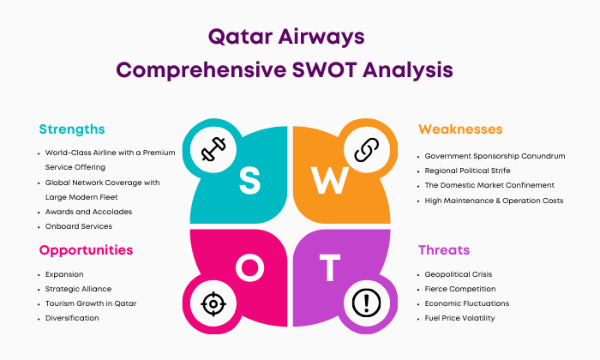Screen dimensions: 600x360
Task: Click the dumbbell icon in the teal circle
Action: [x=213, y=149]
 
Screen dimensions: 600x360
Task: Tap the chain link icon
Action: [x=366, y=150]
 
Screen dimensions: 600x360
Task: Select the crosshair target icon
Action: [x=213, y=303]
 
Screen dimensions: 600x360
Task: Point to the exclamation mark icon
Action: [x=366, y=303]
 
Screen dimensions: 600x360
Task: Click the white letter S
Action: [x=250, y=181]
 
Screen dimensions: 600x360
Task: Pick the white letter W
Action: [x=329, y=181]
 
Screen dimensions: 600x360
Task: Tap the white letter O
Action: [x=250, y=267]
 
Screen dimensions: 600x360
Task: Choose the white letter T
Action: [x=330, y=267]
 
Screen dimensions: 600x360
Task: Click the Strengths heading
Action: [x=72, y=129]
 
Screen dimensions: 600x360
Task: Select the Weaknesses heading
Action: [x=460, y=129]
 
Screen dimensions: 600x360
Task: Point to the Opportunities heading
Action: [x=86, y=250]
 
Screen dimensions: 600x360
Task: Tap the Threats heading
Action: [x=444, y=250]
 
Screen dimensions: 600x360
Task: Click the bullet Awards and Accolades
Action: [x=89, y=212]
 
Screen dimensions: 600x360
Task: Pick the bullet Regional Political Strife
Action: [x=468, y=171]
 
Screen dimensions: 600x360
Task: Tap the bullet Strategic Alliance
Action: [x=79, y=289]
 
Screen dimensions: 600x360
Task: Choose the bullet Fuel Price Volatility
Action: [x=459, y=318]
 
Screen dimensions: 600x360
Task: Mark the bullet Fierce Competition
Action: [x=460, y=289]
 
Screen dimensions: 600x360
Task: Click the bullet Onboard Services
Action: [x=79, y=226]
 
